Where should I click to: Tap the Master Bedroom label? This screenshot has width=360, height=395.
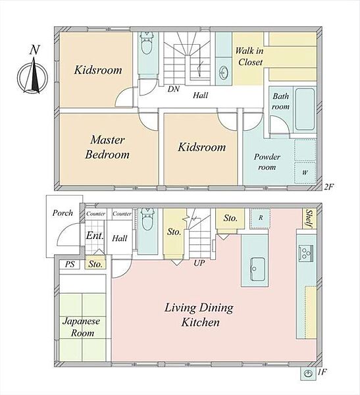click(107, 147)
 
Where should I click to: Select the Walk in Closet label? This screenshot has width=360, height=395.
click(249, 56)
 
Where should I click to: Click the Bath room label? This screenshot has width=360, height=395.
click(280, 101)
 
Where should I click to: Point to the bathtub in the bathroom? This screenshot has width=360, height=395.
click(305, 109)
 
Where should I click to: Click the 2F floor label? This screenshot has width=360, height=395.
click(329, 187)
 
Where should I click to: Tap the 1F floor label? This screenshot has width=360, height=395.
click(322, 371)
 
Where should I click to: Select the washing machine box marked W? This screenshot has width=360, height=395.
click(305, 172)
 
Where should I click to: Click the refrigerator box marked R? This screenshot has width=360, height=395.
click(260, 218)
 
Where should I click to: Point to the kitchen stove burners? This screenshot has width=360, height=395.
click(306, 253)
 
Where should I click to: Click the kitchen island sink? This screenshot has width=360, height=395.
click(257, 269)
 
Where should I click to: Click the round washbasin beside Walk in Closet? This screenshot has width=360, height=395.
click(223, 72)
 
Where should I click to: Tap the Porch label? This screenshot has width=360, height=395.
click(63, 213)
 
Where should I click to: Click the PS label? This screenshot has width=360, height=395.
click(70, 264)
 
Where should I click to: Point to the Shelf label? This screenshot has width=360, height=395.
click(309, 219)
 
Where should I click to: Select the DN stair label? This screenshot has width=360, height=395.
click(174, 89)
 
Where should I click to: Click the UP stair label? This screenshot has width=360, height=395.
click(199, 263)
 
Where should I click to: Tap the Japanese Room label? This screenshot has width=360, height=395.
click(82, 327)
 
